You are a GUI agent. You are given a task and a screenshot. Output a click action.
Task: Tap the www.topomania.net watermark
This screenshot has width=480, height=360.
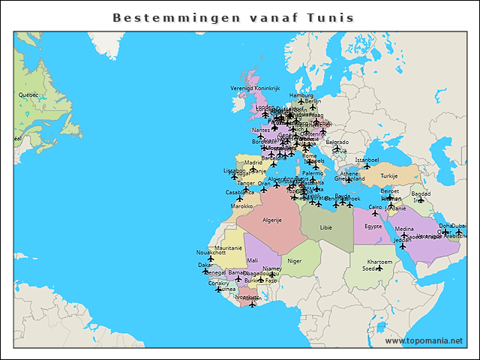click(424, 340)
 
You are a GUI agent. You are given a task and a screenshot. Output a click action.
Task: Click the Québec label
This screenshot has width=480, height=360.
click(28, 95)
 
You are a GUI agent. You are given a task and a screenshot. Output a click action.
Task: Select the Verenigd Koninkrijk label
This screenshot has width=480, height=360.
click(254, 88)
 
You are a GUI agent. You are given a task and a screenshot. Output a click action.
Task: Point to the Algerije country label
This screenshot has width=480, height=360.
click(270, 220)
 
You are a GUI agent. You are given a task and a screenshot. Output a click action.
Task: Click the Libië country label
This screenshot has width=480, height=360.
click(325, 226)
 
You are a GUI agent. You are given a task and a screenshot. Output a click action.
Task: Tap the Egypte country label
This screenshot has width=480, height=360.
click(373, 226)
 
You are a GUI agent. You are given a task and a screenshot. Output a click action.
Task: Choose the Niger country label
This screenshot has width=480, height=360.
click(295, 261)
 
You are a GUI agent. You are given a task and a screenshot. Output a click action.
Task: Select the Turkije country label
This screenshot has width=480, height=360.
click(389, 176)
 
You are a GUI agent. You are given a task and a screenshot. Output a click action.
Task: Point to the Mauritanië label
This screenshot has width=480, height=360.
click(228, 247)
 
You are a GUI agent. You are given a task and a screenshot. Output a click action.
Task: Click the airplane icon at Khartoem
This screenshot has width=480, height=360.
click(379, 268)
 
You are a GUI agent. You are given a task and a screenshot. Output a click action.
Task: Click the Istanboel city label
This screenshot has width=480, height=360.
click(367, 160)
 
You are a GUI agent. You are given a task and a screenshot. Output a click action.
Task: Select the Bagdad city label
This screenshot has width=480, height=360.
click(421, 193)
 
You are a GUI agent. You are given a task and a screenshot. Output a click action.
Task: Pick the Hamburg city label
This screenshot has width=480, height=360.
click(301, 95)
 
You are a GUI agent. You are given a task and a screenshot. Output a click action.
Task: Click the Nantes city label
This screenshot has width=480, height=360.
click(260, 130)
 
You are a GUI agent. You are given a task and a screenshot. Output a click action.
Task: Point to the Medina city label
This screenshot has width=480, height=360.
click(403, 229)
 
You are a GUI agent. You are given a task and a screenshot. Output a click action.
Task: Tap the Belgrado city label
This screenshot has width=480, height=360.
click(337, 142)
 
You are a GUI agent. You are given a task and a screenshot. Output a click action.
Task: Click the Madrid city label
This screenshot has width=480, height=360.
click(253, 162)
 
